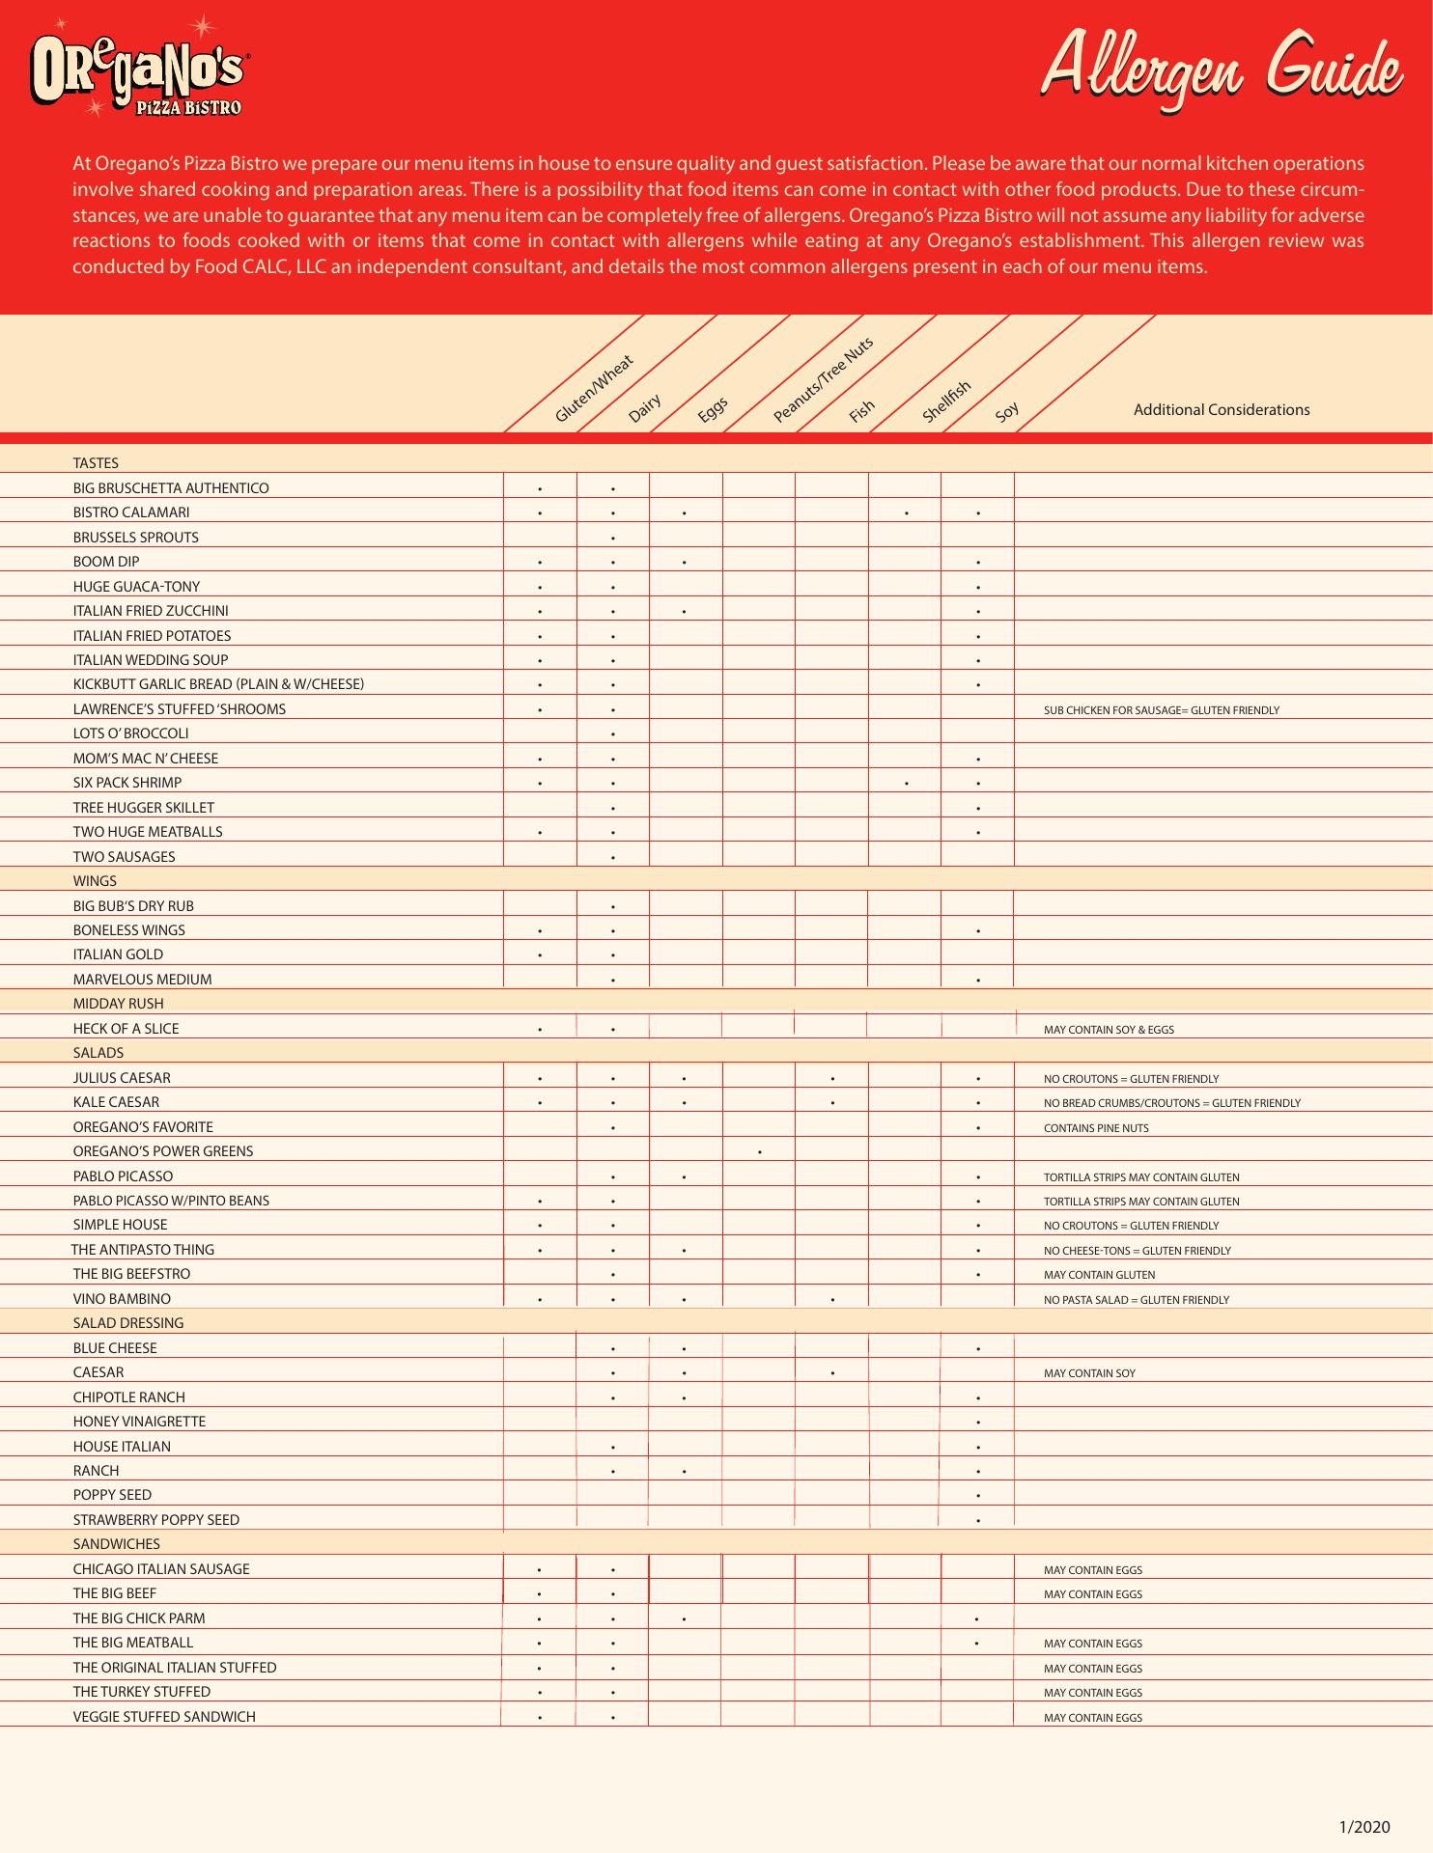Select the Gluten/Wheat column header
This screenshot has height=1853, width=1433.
point(594,389)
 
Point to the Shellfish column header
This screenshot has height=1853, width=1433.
point(946,401)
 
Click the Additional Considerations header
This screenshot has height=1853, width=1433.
point(1221,410)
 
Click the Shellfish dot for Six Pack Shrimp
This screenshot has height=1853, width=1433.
point(906,783)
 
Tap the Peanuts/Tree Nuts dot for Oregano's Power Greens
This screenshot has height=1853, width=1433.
point(761,1151)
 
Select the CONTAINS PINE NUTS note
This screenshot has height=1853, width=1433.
point(1095,1128)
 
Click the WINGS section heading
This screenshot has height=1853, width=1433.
point(95,881)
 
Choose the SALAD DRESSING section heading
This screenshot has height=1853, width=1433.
point(128,1323)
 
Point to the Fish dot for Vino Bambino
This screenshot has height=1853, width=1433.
point(832,1300)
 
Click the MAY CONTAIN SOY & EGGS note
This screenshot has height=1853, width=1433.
point(1109,1030)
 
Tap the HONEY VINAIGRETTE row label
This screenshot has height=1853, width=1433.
point(139,1422)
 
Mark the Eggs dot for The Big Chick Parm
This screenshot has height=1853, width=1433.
point(684,1618)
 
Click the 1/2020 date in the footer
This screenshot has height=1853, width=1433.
point(1363,1827)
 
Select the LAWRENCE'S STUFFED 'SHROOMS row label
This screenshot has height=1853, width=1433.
point(180,709)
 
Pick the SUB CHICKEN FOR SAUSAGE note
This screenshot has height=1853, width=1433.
point(1161,710)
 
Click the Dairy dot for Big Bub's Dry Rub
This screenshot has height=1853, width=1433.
point(613,907)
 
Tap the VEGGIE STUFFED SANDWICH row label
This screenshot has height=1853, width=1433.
point(164,1717)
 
